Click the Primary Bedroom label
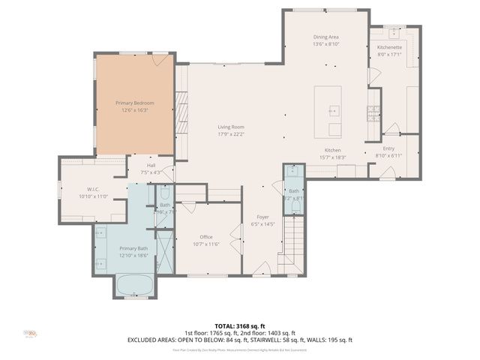(134, 102)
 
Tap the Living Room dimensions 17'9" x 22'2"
(231, 134)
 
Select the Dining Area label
(326, 37)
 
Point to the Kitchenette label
(389, 47)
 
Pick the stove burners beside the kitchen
(372, 113)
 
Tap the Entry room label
(388, 148)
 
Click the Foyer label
(262, 217)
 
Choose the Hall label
(151, 165)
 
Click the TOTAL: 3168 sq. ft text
(240, 326)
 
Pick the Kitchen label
(333, 150)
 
